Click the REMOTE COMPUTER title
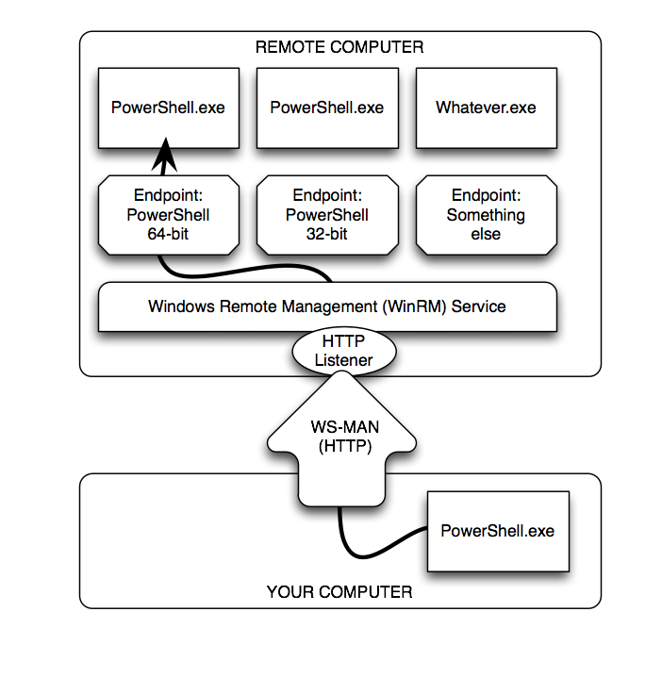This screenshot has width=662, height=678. (x=339, y=46)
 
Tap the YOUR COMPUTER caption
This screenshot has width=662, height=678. (x=339, y=592)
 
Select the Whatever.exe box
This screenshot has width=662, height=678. (x=486, y=107)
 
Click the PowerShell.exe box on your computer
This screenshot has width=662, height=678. (x=497, y=531)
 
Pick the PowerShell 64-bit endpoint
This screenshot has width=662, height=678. (x=168, y=215)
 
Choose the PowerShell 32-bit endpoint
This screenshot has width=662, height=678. (x=326, y=215)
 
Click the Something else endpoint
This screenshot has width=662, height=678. (x=486, y=215)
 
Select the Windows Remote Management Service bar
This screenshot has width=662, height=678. (x=326, y=306)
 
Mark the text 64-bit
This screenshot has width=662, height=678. (x=168, y=234)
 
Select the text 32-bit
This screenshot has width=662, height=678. (x=326, y=234)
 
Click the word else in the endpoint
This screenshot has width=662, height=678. (x=486, y=234)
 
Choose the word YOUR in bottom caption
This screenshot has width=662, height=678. (x=289, y=592)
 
